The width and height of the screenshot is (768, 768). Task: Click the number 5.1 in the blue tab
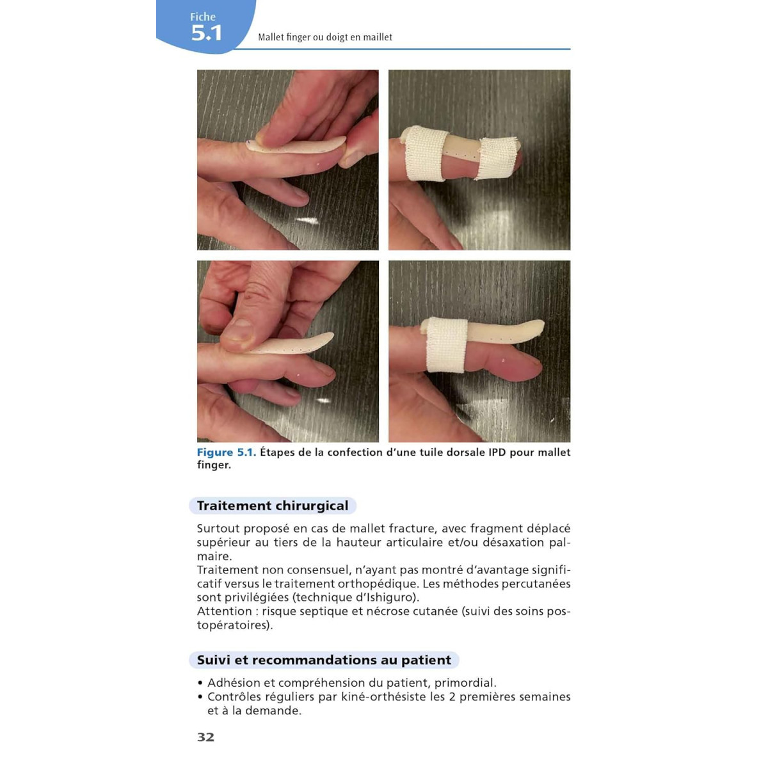[206, 33]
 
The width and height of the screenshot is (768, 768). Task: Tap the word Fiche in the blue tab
[203, 17]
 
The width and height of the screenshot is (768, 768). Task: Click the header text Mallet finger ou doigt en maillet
[325, 37]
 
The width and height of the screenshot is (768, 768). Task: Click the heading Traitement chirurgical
[273, 506]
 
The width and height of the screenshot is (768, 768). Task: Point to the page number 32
[205, 737]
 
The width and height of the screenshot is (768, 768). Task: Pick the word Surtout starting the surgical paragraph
[218, 529]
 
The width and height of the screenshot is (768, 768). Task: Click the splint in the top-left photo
[296, 147]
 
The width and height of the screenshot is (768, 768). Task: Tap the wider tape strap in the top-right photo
[426, 154]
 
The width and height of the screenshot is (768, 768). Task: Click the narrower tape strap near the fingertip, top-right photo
[497, 158]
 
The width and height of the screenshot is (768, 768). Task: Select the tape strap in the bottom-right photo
[447, 345]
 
